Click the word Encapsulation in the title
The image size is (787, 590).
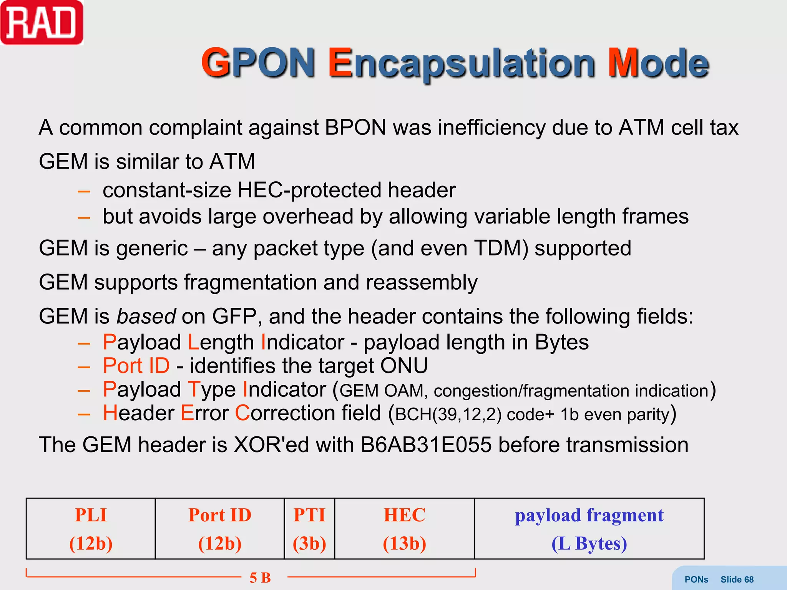[462, 63]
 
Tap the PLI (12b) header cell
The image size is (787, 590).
[91, 529]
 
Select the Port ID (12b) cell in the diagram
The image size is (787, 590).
[220, 529]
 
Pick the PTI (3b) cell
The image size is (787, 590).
[309, 529]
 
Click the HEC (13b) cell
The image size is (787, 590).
[404, 529]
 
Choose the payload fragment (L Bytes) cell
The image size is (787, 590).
[589, 529]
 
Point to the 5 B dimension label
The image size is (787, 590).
[260, 578]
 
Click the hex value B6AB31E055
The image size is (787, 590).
[426, 445]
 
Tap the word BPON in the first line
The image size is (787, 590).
[355, 128]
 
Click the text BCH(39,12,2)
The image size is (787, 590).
[448, 414]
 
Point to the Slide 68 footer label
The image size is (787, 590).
[737, 580]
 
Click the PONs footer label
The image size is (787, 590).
[696, 580]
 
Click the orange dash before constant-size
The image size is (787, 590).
[84, 191]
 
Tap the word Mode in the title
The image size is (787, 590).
[658, 63]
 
